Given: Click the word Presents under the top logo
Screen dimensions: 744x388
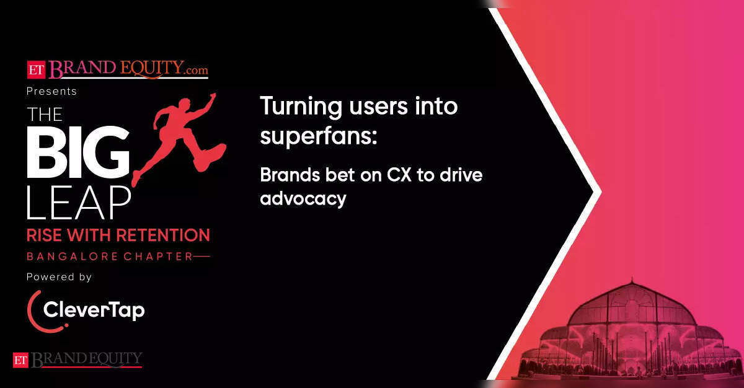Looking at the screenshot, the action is [x=51, y=91].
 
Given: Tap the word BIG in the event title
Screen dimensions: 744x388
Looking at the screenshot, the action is [x=78, y=152].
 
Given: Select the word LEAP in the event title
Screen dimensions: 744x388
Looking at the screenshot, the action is [x=79, y=203].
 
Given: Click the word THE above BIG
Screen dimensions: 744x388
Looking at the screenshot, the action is [x=45, y=115].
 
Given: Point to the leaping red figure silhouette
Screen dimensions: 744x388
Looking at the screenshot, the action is [x=181, y=136].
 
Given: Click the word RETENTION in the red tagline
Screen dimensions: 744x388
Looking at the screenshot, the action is [x=164, y=236].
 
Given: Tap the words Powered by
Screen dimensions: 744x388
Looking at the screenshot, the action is [x=59, y=277].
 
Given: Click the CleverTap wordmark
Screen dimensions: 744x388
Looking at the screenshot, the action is [x=94, y=311].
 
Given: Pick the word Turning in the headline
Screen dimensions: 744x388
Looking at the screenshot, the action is [x=301, y=107].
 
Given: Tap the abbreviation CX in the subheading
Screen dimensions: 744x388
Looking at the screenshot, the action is [x=399, y=175].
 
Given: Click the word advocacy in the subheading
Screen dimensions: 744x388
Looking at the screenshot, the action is [x=303, y=199].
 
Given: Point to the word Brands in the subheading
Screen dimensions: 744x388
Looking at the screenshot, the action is [x=290, y=175].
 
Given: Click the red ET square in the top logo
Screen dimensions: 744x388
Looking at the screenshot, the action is [x=36, y=69].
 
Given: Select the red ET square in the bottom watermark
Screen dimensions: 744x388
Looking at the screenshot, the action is [x=20, y=360].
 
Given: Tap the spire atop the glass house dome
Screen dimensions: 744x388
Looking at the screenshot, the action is [x=632, y=280].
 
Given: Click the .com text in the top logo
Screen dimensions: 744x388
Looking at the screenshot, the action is [x=197, y=70].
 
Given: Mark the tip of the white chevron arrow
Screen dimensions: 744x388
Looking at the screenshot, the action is [x=601, y=192].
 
